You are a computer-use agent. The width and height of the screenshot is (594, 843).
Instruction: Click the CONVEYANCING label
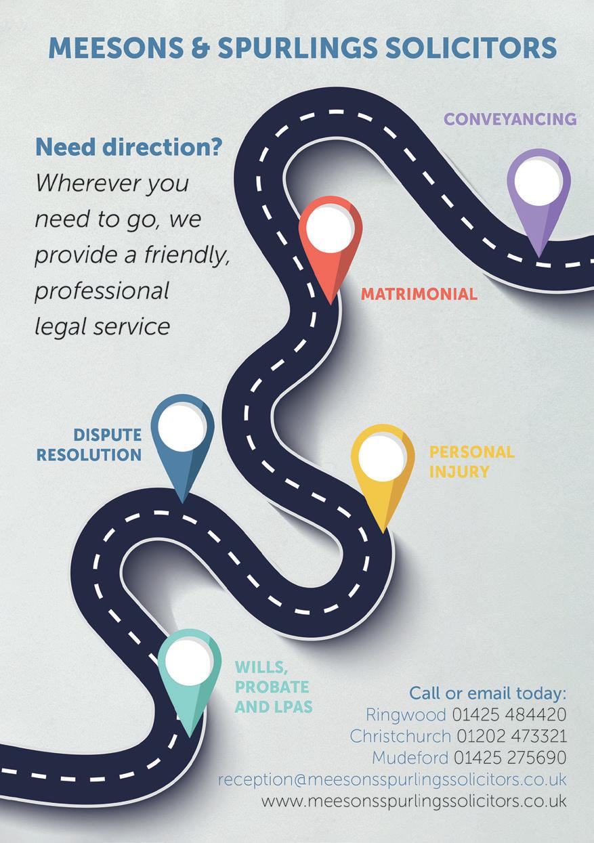pyautogui.click(x=510, y=119)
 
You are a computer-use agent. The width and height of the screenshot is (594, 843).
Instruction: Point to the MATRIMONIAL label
pyautogui.click(x=419, y=295)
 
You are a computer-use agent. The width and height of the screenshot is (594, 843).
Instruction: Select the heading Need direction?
pyautogui.click(x=129, y=147)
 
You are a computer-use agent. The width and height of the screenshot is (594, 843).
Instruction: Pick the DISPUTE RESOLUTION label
pyautogui.click(x=89, y=445)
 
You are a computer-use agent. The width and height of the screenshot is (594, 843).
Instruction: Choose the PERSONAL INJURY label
pyautogui.click(x=472, y=462)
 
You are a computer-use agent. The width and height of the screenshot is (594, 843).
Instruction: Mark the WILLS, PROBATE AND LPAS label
pyautogui.click(x=272, y=687)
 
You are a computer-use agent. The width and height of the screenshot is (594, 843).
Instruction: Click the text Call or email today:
pyautogui.click(x=487, y=694)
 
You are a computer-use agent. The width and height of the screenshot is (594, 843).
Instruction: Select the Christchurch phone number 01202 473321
pyautogui.click(x=511, y=736)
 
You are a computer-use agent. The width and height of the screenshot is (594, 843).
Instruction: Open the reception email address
pyautogui.click(x=391, y=779)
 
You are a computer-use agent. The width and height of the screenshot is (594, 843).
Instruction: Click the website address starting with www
pyautogui.click(x=413, y=801)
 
